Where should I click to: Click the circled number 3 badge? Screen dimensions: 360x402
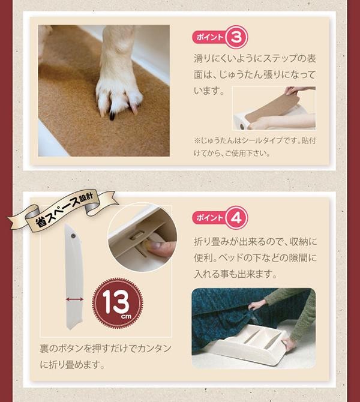[236, 37]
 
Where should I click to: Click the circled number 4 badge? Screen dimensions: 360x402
[236, 218]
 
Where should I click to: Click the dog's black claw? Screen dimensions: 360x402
[112, 115]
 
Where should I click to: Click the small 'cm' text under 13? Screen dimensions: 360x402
[126, 316]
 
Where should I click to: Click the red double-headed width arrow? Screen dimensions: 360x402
[74, 299]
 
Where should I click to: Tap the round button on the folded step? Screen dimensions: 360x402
[73, 236]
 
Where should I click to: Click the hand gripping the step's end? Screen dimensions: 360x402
[288, 344]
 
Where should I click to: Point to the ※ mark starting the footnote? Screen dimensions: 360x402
[197, 140]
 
